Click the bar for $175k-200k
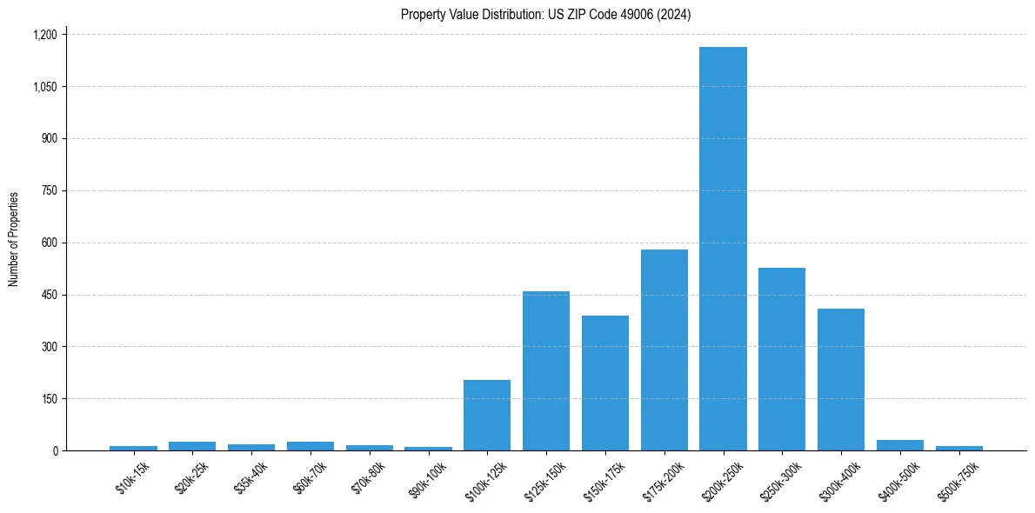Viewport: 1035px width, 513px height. (x=664, y=350)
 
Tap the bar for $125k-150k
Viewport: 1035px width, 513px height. (x=546, y=371)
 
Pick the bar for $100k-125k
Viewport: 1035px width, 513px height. (x=487, y=416)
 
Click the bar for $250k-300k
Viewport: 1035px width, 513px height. (x=782, y=359)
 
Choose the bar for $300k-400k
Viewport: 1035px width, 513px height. (x=841, y=380)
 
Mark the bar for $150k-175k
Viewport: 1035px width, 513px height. (x=605, y=383)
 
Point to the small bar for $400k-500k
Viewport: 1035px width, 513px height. (x=900, y=445)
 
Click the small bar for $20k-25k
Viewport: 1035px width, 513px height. (x=192, y=446)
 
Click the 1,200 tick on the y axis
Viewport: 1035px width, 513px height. (x=44, y=35)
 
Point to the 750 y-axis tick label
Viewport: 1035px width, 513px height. (x=49, y=190)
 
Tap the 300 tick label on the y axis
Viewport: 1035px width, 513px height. (x=49, y=347)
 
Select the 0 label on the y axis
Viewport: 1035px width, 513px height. (x=55, y=450)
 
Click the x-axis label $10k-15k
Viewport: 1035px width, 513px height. (x=132, y=479)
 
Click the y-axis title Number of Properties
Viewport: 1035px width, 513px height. (x=13, y=239)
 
